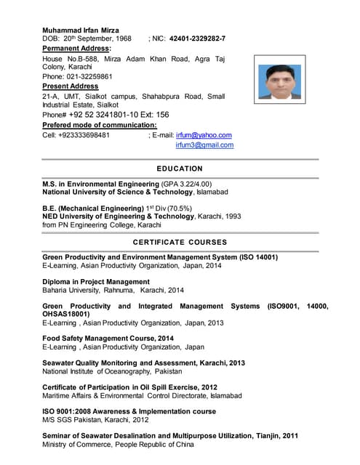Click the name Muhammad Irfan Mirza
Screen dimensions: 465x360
pos(81,30)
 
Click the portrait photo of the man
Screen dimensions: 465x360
pos(280,82)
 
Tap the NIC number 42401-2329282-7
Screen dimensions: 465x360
pos(197,39)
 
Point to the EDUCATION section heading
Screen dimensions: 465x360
pos(180,169)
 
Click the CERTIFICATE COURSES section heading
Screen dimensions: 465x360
pos(180,242)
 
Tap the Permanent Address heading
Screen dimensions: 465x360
pos(76,48)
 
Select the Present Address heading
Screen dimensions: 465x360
pos(71,86)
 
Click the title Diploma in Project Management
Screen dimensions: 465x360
pos(96,282)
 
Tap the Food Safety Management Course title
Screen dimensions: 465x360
pos(108,339)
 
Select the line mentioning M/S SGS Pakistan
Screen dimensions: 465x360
pos(95,420)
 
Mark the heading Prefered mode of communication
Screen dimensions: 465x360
pos(100,125)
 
